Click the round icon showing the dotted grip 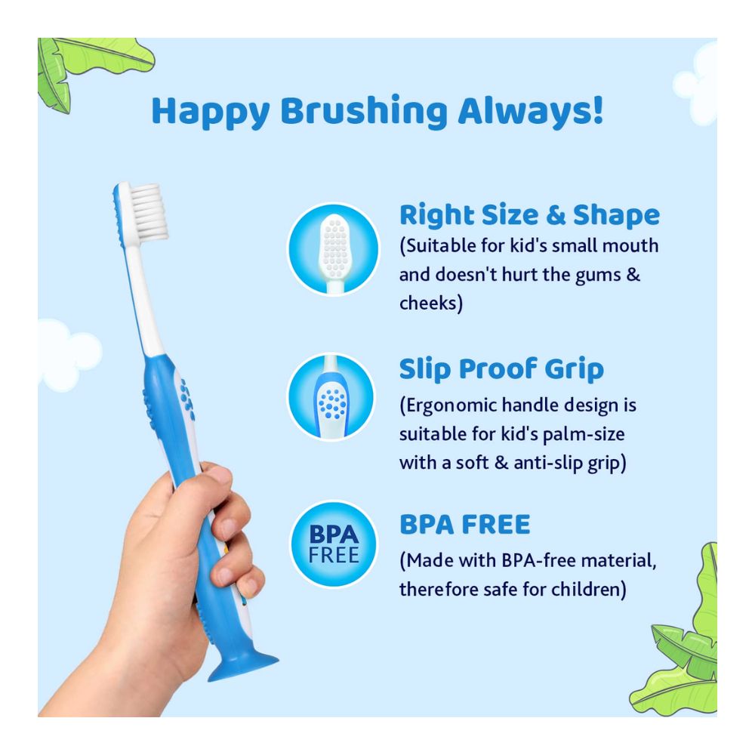click(x=331, y=397)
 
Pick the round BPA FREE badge click(x=333, y=544)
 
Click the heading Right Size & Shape click(x=529, y=215)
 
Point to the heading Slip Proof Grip click(x=501, y=369)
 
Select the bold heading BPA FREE click(x=464, y=524)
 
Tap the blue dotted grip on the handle click(x=185, y=399)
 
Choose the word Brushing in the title click(x=363, y=112)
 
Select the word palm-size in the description click(x=579, y=434)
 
